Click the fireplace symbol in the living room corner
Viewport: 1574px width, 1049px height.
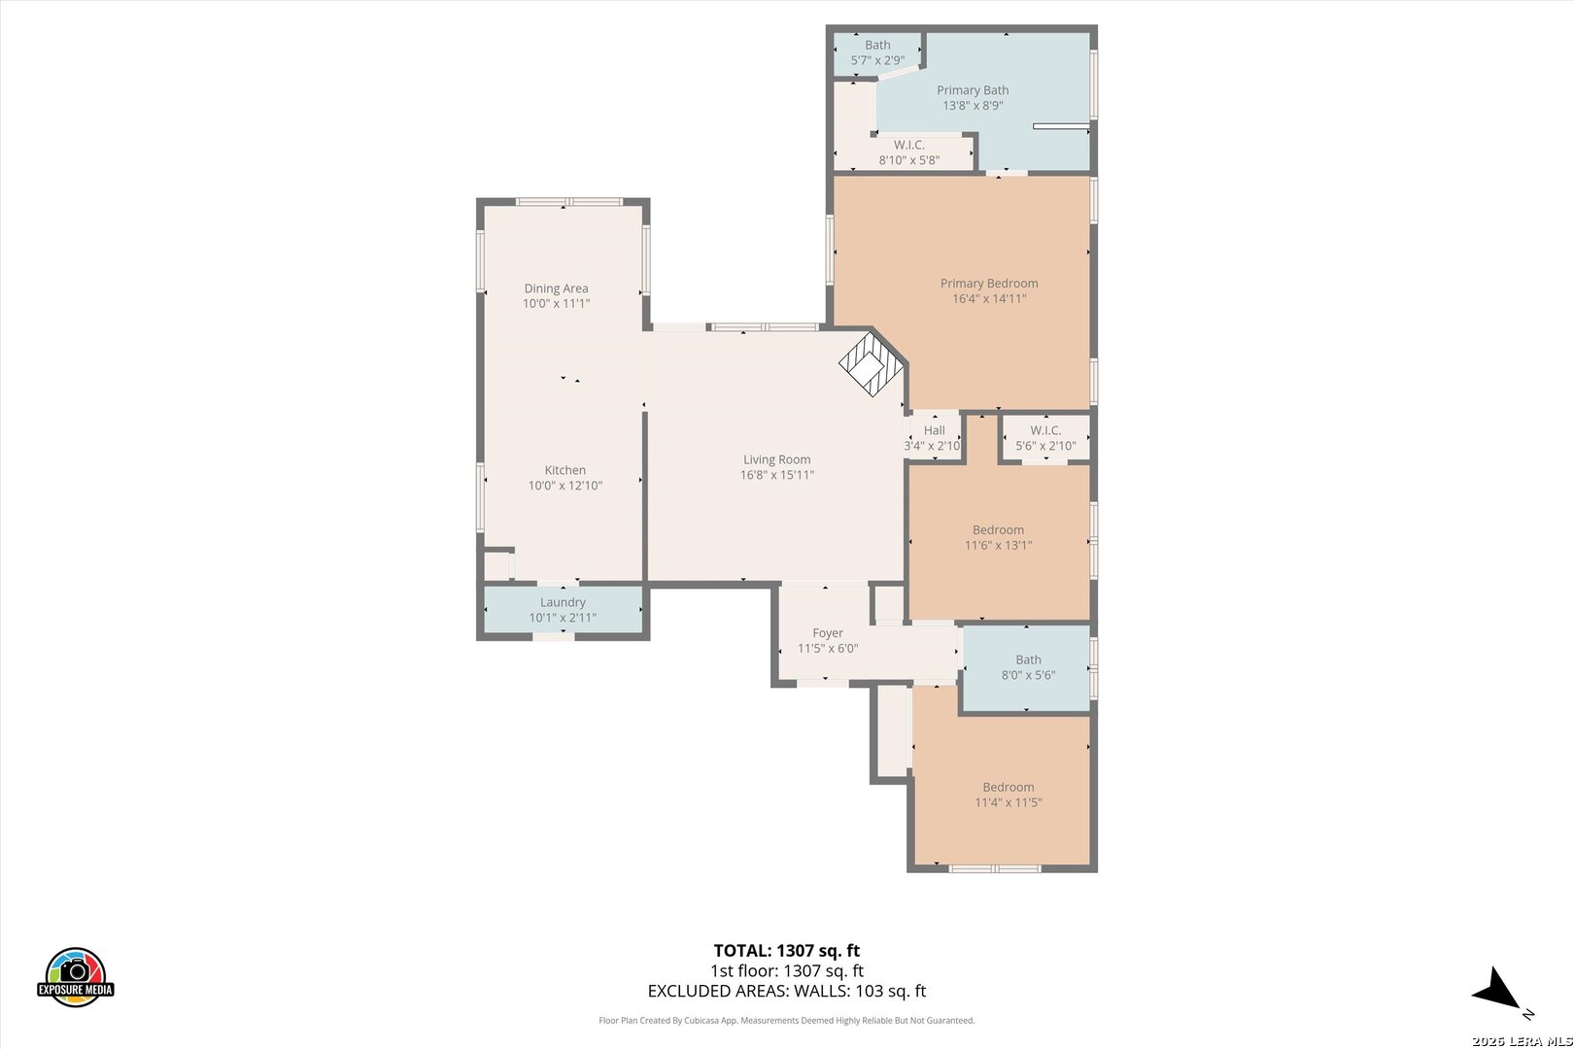pos(872,364)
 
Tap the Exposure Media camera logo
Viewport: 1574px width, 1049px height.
pos(75,977)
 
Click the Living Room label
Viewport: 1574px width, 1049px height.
pos(776,459)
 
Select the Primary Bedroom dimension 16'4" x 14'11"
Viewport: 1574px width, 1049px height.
pos(989,298)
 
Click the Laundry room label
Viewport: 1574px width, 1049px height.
pos(563,602)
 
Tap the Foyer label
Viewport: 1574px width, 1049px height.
pos(828,633)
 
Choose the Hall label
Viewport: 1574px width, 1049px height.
pos(934,430)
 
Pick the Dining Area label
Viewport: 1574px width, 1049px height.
pos(556,288)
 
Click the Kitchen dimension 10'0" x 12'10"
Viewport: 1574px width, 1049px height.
pos(565,486)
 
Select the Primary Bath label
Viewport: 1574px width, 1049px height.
pos(973,90)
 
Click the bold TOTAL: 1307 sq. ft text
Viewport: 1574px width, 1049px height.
pos(787,951)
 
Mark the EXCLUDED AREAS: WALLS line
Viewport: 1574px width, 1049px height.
pos(787,991)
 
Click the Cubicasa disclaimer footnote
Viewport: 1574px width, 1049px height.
pos(786,1020)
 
